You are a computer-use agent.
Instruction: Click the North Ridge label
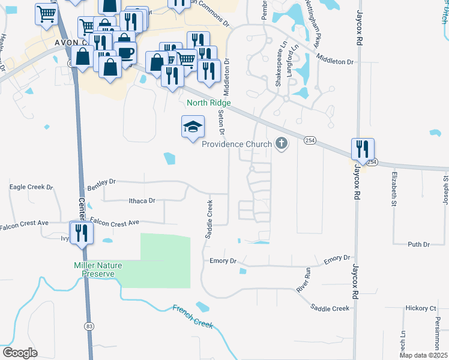208,103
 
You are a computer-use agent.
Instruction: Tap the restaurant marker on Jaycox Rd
363,149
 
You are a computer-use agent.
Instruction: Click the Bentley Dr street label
101,182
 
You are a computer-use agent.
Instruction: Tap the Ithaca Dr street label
142,201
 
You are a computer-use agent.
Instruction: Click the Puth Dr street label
418,245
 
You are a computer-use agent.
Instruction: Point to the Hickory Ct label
420,308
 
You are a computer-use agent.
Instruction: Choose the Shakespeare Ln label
279,64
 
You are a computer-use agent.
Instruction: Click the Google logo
20,353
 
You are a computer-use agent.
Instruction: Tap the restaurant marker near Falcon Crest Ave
79,233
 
